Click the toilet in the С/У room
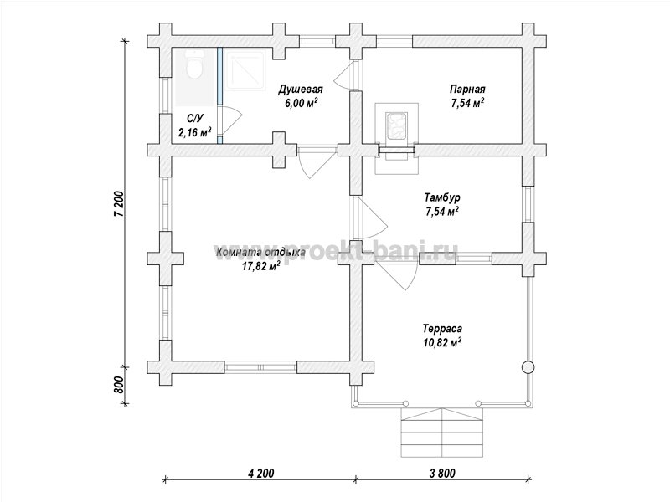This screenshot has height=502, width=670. [x=195, y=65]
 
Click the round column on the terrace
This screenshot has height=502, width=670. [x=528, y=367]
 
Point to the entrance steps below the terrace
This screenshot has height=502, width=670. [x=441, y=433]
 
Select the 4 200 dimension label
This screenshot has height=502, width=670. [x=260, y=473]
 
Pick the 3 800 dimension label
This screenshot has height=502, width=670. [x=441, y=473]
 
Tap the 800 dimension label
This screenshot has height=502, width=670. [x=119, y=386]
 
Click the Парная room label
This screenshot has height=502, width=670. [x=467, y=90]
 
